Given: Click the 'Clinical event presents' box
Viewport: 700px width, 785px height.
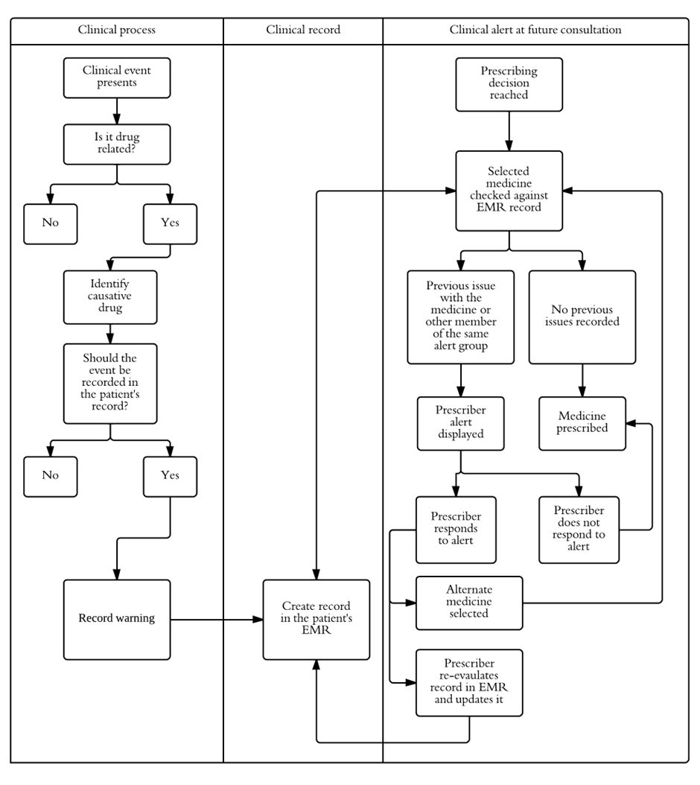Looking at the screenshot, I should tap(117, 77).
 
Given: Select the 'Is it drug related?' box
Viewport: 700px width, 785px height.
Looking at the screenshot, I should tap(117, 144).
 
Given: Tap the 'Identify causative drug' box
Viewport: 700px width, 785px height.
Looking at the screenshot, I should tap(110, 296).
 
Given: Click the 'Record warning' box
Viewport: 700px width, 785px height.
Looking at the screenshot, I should tap(117, 619).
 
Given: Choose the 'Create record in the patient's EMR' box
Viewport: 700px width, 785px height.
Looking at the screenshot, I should tap(316, 619).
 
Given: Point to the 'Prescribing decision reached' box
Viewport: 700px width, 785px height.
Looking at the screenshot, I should tap(509, 83).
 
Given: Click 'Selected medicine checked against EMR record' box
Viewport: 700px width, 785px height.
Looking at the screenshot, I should tap(509, 190).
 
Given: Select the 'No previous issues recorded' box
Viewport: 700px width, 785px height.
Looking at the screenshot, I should tap(582, 317).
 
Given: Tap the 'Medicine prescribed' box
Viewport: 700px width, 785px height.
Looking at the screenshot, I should tap(582, 422).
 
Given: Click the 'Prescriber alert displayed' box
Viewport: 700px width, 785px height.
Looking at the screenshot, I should tap(461, 423).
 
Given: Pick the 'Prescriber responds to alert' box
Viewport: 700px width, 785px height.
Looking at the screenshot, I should tap(456, 528).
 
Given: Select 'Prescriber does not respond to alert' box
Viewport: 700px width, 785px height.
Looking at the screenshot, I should tap(579, 529).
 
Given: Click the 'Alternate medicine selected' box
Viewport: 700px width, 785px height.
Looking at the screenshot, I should tap(469, 602).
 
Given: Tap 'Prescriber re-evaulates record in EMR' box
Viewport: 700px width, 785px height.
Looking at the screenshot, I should tap(469, 682).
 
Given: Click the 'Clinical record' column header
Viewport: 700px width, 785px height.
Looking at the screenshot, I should tap(303, 31).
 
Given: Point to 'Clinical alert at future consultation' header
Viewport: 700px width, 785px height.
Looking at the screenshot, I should tap(535, 31).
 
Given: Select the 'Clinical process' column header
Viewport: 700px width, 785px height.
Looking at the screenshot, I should tap(117, 31).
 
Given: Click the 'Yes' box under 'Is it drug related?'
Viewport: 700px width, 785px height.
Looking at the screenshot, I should tap(170, 223).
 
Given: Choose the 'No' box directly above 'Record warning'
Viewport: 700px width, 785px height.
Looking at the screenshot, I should tap(50, 476).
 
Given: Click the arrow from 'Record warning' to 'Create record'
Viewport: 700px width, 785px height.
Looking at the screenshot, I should tap(216, 619).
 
